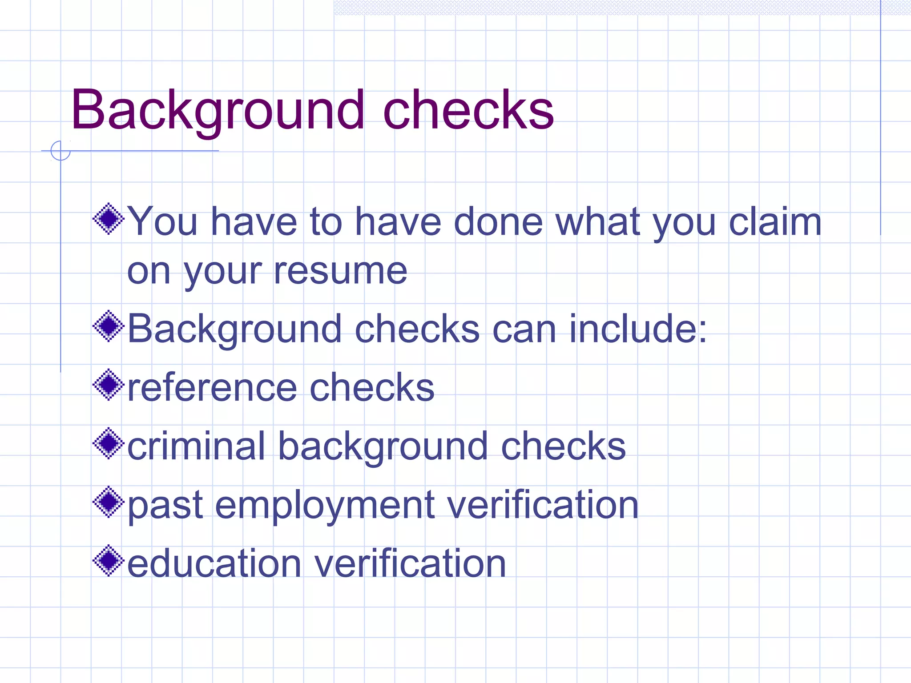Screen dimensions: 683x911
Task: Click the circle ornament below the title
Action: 60,151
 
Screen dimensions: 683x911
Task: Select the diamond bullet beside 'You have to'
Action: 109,219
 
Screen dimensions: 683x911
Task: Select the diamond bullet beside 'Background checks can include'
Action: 109,326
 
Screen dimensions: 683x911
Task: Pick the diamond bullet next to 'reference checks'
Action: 109,385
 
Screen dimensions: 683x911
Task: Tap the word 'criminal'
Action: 196,446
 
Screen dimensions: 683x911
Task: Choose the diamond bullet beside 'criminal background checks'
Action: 109,443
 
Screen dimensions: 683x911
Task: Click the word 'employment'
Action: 325,506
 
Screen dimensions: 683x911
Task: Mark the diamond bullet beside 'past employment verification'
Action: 109,502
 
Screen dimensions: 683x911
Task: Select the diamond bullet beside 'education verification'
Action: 109,561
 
